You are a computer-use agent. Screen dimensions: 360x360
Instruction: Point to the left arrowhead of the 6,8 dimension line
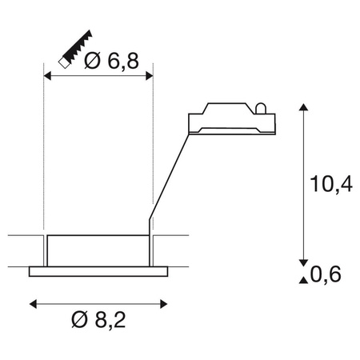tap(46, 76)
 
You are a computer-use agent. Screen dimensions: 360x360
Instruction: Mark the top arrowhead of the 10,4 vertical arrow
tap(303, 108)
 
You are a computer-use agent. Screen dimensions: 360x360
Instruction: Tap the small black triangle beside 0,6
tap(303, 278)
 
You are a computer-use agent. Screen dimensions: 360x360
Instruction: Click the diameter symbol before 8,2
tap(79, 322)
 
